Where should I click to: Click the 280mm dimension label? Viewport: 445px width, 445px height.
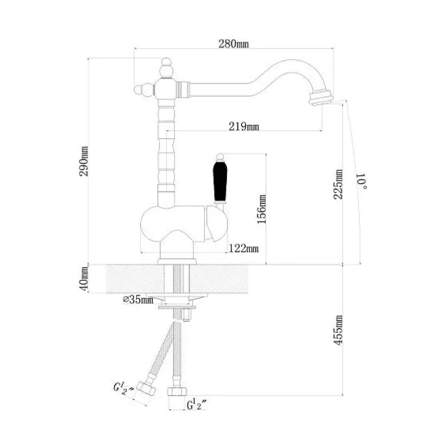(x=233, y=44)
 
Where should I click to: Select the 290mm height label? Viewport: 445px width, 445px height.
(x=84, y=161)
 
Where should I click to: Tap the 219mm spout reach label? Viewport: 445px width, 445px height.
(x=244, y=126)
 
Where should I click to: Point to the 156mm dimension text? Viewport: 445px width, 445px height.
(x=261, y=209)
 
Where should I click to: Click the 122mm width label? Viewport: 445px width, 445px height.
(x=244, y=249)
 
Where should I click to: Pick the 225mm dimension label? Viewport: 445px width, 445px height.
(x=338, y=184)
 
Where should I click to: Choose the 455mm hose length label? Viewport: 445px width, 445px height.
(x=338, y=330)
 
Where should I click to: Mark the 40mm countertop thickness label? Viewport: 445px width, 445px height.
(x=84, y=279)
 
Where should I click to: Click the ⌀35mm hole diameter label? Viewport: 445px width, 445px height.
(x=138, y=299)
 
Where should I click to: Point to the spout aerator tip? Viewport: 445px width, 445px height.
(x=322, y=97)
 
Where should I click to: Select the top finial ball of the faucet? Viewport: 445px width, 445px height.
(x=166, y=62)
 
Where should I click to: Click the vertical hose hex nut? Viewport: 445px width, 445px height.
(x=177, y=392)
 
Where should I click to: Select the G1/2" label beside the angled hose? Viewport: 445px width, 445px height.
(x=123, y=388)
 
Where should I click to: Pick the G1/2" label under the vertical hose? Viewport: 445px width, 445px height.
(x=197, y=404)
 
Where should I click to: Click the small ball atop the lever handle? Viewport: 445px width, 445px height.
(x=220, y=157)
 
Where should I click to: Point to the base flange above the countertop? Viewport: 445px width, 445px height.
(x=177, y=261)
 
